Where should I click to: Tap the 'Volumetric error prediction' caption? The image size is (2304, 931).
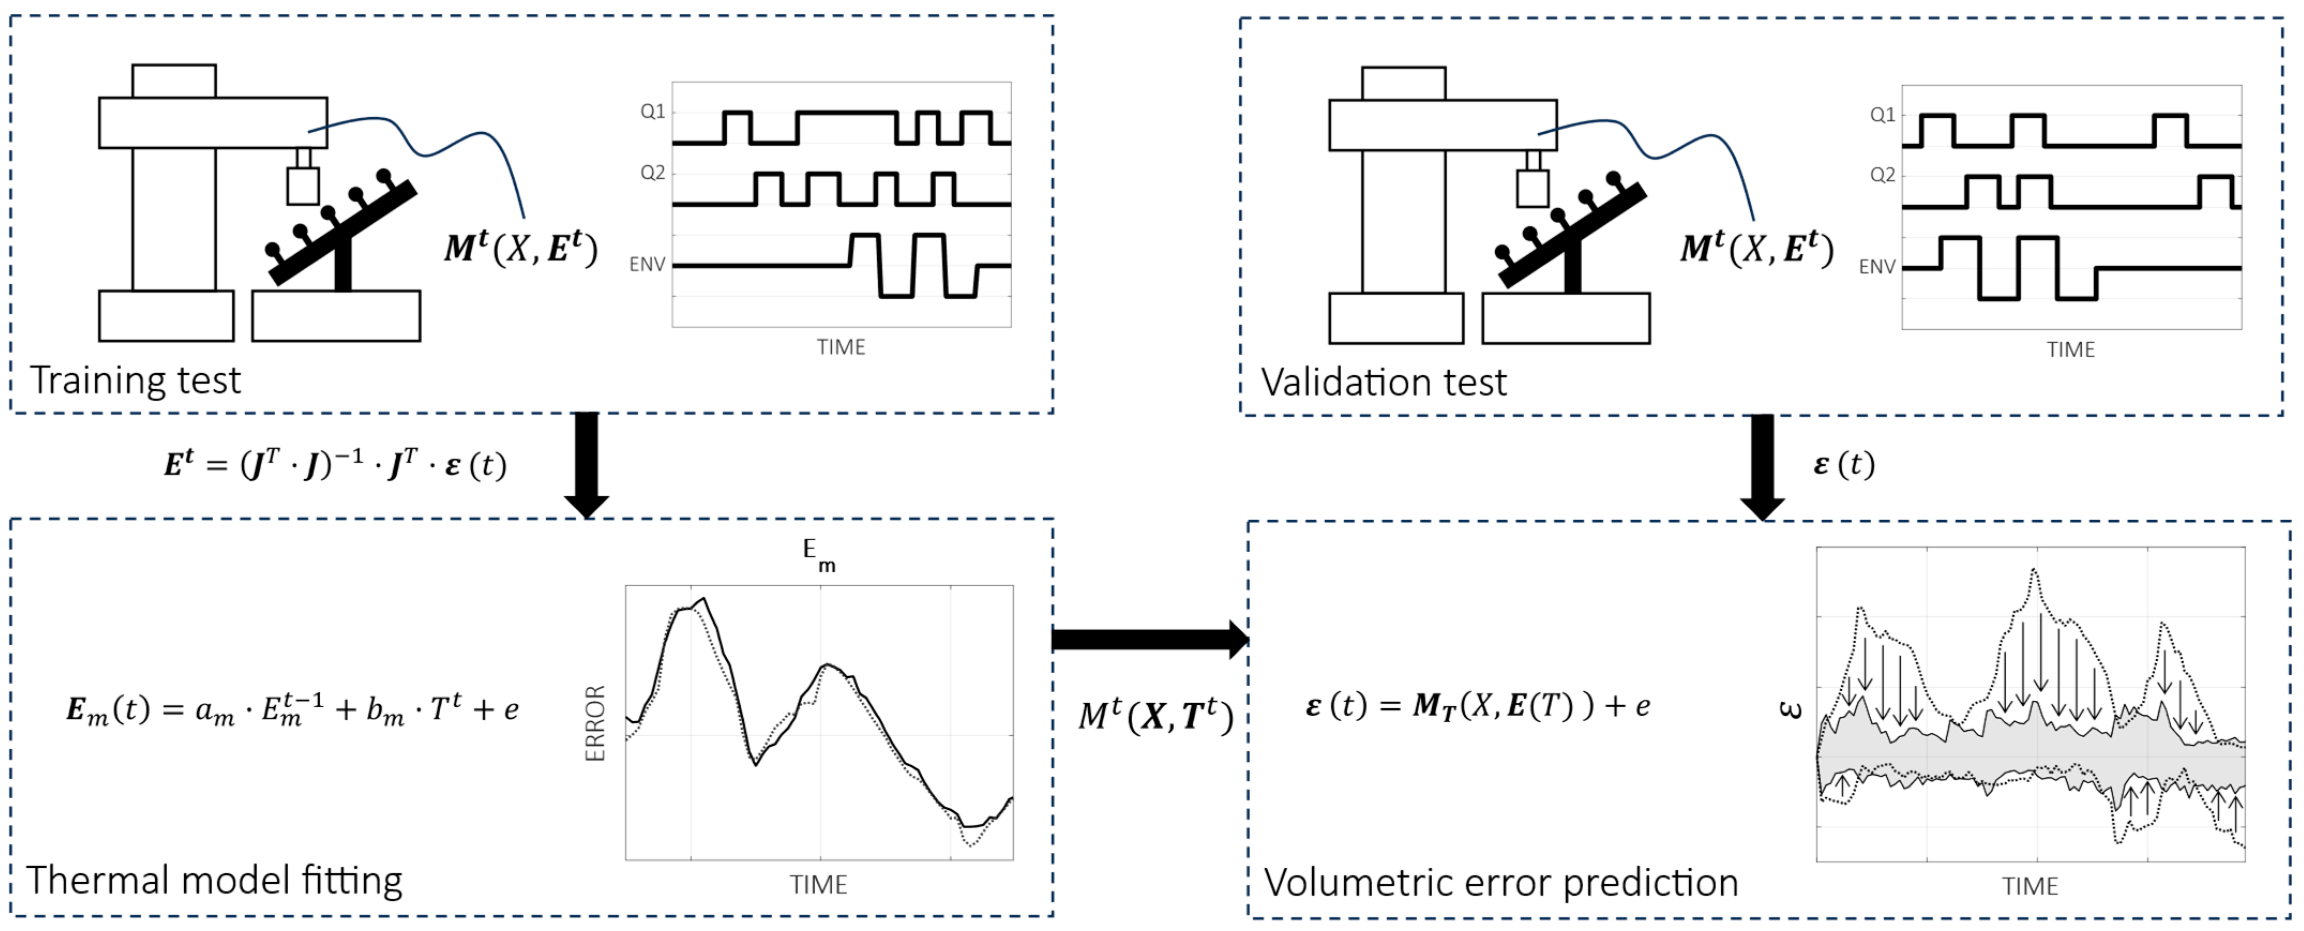(x=1500, y=883)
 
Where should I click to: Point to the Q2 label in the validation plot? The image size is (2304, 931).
(x=1882, y=175)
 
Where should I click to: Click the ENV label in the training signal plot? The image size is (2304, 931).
(x=647, y=264)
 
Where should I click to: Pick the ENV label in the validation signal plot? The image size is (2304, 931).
(x=1877, y=267)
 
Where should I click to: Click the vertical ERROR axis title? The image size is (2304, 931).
(x=596, y=723)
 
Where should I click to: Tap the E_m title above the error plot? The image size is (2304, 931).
(x=818, y=555)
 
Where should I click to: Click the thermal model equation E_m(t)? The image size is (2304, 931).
(x=292, y=709)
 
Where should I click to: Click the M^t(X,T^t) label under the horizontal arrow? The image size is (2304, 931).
(x=1156, y=715)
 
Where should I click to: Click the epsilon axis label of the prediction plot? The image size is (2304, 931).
(x=1790, y=710)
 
